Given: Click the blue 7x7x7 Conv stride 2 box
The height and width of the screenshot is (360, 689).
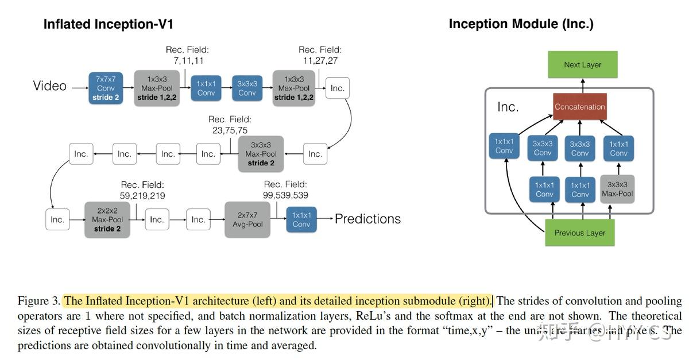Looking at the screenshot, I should point(106,88).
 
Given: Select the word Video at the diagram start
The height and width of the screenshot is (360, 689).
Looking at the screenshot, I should point(50,86).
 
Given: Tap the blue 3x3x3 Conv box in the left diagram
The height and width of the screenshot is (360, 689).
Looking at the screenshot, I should point(247,88).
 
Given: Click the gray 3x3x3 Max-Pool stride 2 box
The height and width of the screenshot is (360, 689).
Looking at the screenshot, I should point(261,154).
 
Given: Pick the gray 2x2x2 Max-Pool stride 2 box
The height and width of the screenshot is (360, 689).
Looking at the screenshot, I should point(107,219).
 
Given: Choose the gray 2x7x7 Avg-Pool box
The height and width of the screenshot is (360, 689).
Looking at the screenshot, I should point(247,219).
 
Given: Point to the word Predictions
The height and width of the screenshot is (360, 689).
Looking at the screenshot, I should point(367,219).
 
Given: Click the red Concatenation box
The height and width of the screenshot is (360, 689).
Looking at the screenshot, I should point(579,107).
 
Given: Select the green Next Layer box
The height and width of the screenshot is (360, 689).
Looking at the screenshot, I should point(582,65).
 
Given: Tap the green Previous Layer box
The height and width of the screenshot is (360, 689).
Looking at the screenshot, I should point(579,233).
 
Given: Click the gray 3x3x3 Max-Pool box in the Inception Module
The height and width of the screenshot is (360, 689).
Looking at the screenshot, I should point(617,189).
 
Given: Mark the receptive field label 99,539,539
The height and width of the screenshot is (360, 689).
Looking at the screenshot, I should point(286,195).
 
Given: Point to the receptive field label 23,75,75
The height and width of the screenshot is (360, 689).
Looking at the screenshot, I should point(230,130).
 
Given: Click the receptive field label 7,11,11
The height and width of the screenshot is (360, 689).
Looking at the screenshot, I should point(188,60).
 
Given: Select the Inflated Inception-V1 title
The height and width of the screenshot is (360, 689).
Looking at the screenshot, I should point(108,24).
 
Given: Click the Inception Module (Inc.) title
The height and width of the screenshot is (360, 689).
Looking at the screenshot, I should point(521,24).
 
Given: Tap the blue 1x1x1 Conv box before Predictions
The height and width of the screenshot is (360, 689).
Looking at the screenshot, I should point(301,219).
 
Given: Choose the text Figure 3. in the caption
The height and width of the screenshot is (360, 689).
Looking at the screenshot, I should point(38,301).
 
